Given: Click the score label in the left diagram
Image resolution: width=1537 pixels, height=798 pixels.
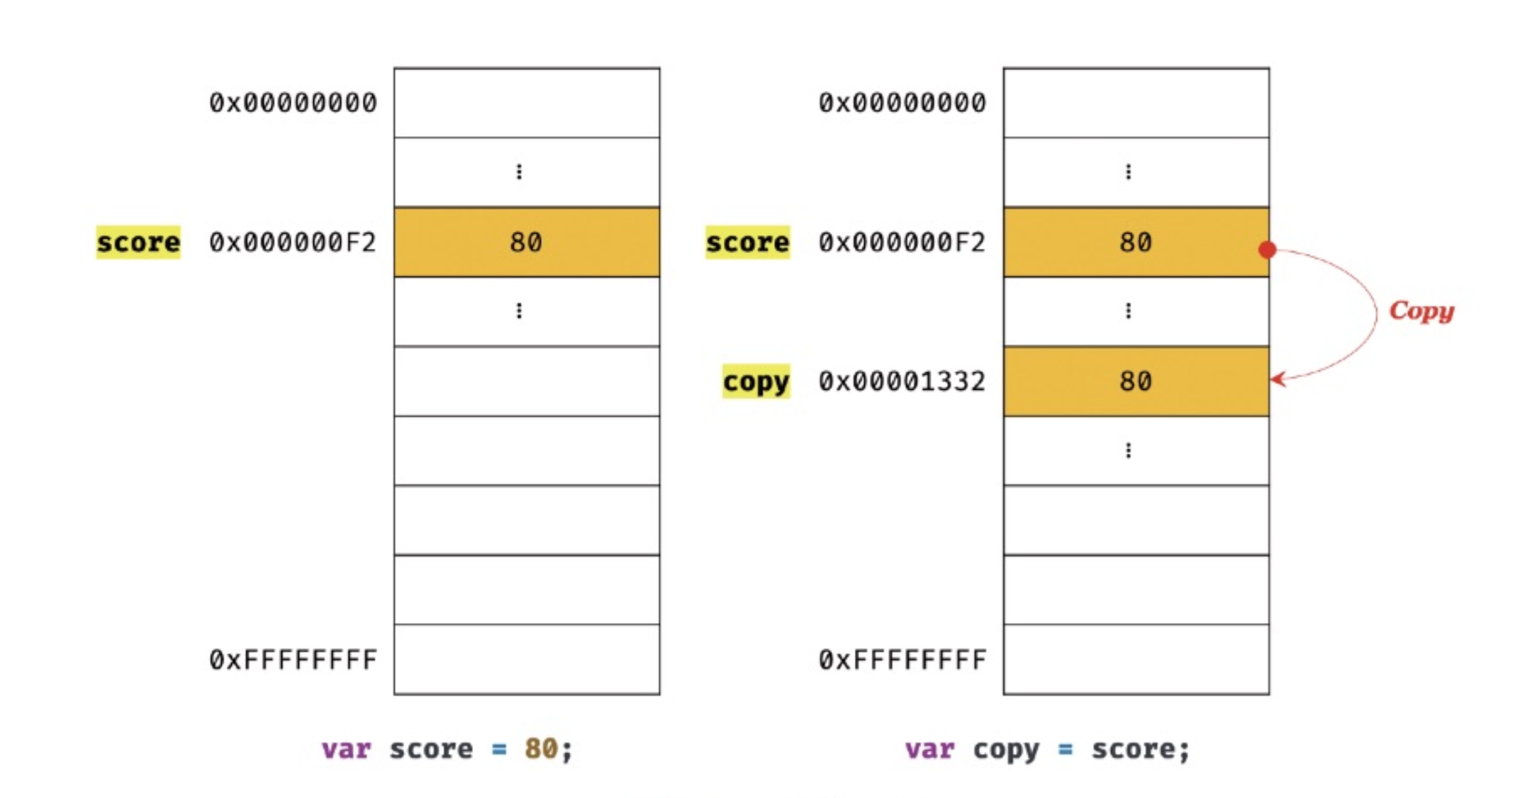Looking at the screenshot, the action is point(138,242).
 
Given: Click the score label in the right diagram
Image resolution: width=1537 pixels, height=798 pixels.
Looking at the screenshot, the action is point(747,242).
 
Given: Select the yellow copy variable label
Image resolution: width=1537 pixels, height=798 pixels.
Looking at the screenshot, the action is point(756,381).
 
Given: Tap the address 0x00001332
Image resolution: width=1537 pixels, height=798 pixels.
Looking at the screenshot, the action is point(902,381).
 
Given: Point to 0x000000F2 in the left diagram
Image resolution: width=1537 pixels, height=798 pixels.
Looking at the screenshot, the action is point(292,242).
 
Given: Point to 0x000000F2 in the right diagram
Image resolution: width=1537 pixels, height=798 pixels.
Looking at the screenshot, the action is point(902,242).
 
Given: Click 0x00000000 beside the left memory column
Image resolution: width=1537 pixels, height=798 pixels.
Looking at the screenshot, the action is point(292,103).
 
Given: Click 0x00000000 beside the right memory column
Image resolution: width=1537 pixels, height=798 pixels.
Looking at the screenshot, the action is point(902,103).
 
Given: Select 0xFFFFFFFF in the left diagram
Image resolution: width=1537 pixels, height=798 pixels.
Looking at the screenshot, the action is point(292,660).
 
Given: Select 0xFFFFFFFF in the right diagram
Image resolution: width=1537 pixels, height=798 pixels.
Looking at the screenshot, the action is point(902,660).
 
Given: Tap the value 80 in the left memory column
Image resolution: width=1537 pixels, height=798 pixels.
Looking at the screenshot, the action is point(526,242).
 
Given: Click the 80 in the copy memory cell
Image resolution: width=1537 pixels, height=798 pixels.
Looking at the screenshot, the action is point(1135,381).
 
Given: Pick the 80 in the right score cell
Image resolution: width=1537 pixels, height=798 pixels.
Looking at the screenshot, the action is point(1135,242).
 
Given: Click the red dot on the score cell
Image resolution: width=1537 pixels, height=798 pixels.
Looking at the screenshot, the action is point(1268,249).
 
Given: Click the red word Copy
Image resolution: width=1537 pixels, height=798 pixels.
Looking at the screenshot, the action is point(1421,310).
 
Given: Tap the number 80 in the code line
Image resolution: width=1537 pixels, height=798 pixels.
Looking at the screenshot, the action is point(541,748).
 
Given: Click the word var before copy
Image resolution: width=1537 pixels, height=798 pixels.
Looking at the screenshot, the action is point(929,748).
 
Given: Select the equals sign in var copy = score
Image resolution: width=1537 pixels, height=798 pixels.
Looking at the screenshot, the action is point(1065,748).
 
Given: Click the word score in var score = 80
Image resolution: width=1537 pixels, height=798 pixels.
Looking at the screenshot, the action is point(431,748).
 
